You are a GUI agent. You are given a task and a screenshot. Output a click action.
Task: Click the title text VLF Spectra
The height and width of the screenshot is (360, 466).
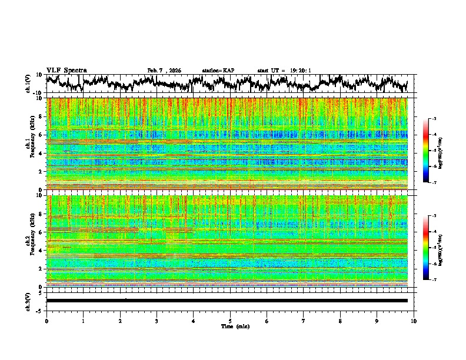66,70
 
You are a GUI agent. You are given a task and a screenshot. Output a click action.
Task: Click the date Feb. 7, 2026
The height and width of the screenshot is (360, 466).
164,71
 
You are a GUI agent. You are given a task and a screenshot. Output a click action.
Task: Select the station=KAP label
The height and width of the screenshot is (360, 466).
218,71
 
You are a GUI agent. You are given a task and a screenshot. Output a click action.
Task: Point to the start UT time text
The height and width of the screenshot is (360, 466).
284,71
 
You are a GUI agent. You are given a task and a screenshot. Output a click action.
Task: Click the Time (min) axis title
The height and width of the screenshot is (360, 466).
230,326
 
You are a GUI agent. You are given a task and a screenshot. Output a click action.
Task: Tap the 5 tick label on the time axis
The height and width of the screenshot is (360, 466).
230,321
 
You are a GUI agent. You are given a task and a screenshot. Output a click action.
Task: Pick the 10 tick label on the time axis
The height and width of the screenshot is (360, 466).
414,321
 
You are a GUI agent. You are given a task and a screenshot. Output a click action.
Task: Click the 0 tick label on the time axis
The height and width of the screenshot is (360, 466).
46,321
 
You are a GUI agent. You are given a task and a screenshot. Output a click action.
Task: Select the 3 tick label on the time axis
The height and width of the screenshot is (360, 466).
157,321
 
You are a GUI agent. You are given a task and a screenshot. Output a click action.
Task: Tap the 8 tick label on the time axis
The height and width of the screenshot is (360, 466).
340,321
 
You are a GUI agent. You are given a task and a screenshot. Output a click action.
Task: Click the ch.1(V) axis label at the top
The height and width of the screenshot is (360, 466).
28,84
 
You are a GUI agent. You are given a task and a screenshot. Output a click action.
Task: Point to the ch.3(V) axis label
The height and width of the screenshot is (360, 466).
28,301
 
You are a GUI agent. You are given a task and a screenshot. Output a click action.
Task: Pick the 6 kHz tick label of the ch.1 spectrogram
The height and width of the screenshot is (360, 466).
41,135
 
